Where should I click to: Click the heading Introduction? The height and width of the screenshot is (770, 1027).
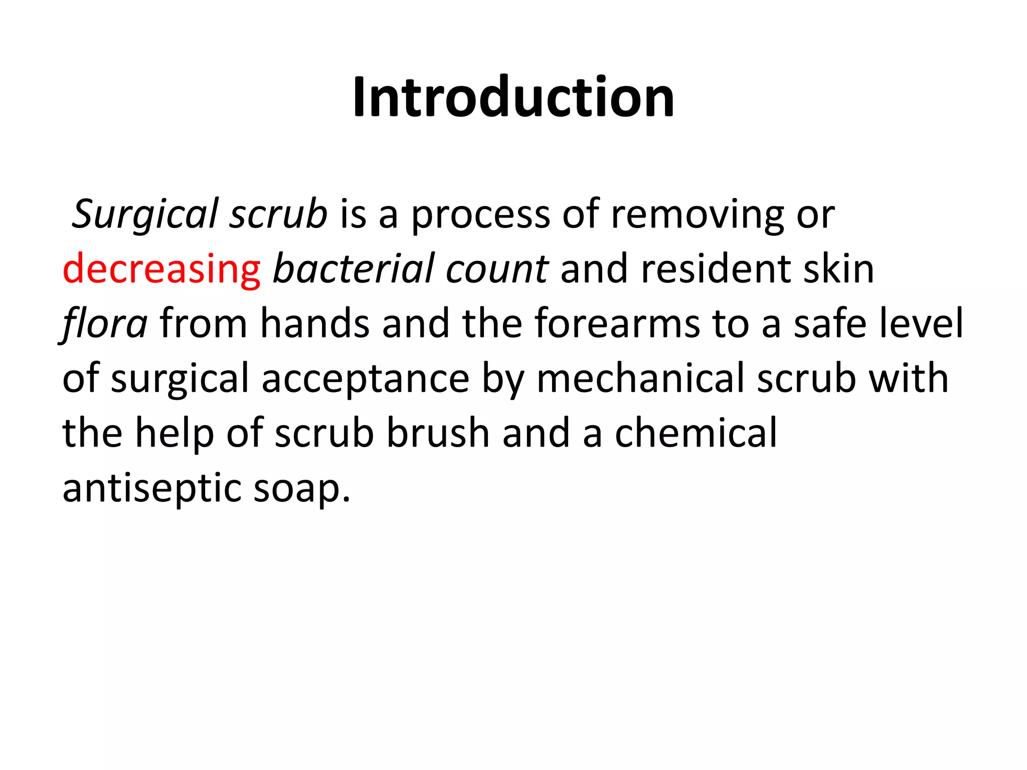pyautogui.click(x=513, y=97)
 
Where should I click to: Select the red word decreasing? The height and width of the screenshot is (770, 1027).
pyautogui.click(x=161, y=269)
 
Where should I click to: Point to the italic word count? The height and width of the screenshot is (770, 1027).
pyautogui.click(x=497, y=269)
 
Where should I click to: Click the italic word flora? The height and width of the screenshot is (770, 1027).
pyautogui.click(x=105, y=324)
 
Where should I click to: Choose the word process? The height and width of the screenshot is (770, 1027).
pyautogui.click(x=480, y=215)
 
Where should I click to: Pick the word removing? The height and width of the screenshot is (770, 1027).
pyautogui.click(x=698, y=215)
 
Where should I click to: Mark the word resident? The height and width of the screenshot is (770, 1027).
pyautogui.click(x=716, y=269)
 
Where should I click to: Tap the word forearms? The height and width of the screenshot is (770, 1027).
pyautogui.click(x=617, y=324)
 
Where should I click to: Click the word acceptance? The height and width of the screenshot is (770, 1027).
pyautogui.click(x=366, y=379)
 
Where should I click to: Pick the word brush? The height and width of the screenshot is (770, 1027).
pyautogui.click(x=438, y=434)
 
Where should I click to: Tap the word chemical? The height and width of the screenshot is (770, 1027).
pyautogui.click(x=696, y=434)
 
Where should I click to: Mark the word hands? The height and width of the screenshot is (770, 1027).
pyautogui.click(x=315, y=324)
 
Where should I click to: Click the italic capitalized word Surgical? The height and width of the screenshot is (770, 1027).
pyautogui.click(x=146, y=215)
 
